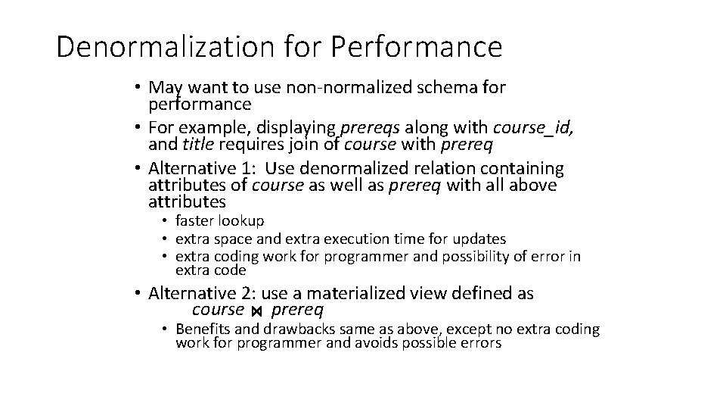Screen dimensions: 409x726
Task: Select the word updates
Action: (x=479, y=239)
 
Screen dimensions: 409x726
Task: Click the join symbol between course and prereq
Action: (x=257, y=312)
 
